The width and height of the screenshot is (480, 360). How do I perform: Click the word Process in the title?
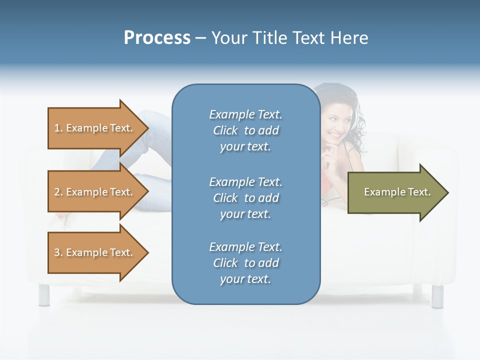[157, 38]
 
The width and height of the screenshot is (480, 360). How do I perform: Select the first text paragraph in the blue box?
[245, 130]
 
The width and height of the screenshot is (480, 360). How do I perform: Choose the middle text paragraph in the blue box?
[245, 197]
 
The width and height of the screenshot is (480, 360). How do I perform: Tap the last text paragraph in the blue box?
[245, 263]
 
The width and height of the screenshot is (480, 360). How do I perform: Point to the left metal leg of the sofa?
[44, 295]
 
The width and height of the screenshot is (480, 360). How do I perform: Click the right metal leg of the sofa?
[437, 295]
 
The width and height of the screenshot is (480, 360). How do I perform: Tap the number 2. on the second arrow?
[58, 192]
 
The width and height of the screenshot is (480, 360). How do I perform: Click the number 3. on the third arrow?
[58, 252]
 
